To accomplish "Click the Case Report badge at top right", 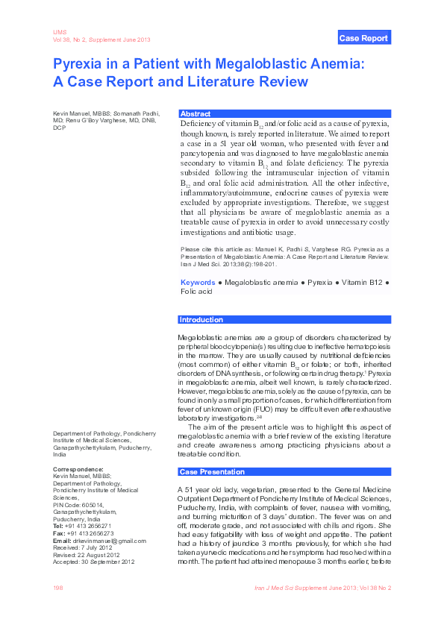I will point(363,38).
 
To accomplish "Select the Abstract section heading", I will point(196,113).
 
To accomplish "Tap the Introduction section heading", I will point(201,320).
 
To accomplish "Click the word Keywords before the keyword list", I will point(198,283).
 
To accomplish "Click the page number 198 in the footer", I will point(57,588).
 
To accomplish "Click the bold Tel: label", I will point(58,526).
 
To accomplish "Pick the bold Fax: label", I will point(59,533).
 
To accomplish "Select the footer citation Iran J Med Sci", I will point(278,588).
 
